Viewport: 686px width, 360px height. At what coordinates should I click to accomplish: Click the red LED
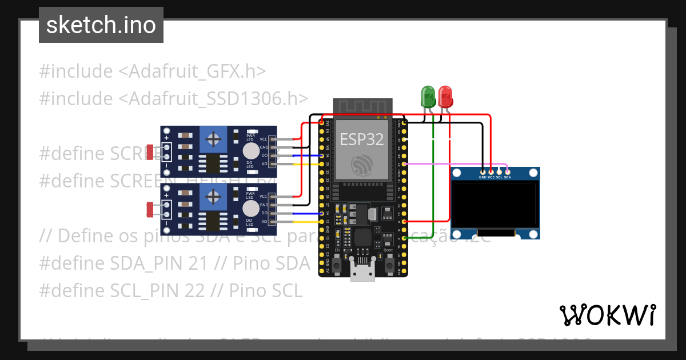(x=445, y=95)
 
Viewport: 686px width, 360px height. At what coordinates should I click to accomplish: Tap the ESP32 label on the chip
(x=361, y=139)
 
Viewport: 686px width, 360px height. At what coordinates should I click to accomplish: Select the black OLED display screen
(x=495, y=204)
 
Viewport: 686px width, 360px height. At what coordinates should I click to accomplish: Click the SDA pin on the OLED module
(x=507, y=171)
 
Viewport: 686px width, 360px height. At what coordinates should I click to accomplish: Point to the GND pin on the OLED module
(x=483, y=171)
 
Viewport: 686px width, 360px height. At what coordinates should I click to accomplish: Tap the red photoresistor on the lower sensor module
(x=150, y=210)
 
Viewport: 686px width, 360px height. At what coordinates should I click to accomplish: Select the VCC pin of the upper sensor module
(x=273, y=139)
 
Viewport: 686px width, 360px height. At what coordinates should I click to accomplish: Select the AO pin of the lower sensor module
(x=273, y=221)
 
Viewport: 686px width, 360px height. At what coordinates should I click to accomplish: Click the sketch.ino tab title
(x=101, y=25)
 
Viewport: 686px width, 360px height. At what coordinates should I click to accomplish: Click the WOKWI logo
(x=607, y=315)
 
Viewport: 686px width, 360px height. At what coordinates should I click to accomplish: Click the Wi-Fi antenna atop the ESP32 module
(x=361, y=107)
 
